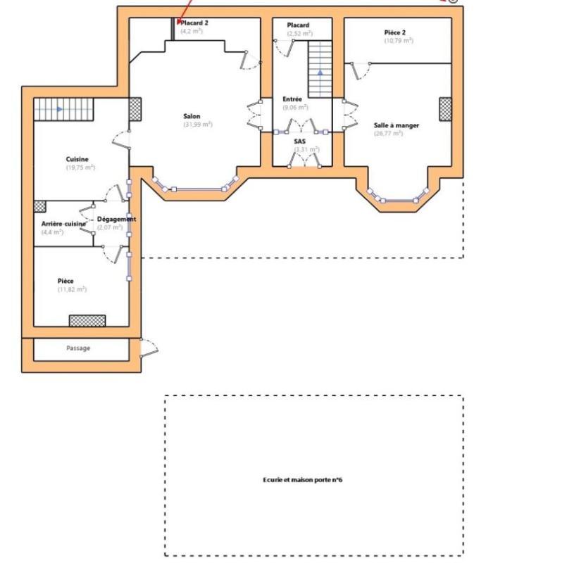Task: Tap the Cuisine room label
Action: click(77, 160)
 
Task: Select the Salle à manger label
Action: click(396, 125)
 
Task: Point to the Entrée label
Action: click(292, 99)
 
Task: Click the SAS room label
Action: click(300, 141)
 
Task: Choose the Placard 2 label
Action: click(194, 23)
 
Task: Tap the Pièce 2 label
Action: click(395, 32)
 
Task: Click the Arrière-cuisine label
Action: click(63, 224)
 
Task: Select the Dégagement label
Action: click(117, 219)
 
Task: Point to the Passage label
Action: click(78, 348)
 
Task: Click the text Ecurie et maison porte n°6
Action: click(302, 480)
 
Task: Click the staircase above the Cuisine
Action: click(63, 109)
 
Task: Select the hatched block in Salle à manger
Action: click(445, 109)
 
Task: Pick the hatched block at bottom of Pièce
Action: click(87, 321)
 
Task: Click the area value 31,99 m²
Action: click(197, 125)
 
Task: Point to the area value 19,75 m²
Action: click(80, 168)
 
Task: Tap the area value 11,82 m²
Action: click(72, 289)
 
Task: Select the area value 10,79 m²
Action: click(398, 41)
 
